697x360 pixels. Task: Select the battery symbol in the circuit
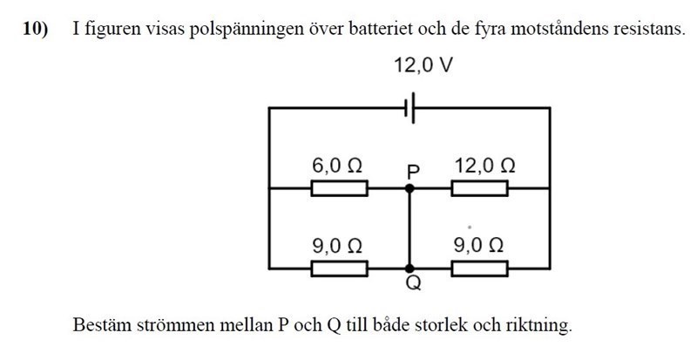click(x=411, y=108)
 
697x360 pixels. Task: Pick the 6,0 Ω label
click(x=337, y=165)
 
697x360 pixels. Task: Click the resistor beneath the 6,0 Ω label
click(x=340, y=187)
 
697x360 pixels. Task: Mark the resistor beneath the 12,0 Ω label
click(x=479, y=187)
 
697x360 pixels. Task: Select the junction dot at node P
click(x=410, y=187)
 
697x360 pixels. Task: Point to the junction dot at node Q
click(x=410, y=267)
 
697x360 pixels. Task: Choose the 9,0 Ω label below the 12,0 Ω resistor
click(x=478, y=246)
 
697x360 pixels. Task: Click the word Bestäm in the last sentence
click(x=98, y=327)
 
